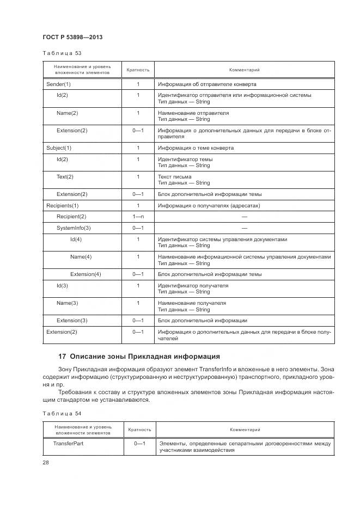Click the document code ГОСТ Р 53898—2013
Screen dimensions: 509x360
[x=72, y=37]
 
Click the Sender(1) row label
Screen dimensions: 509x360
[x=58, y=84]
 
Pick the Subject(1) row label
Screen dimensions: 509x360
[x=59, y=148]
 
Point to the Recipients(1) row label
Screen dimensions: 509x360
[x=63, y=205]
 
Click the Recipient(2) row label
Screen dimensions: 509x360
[x=71, y=216]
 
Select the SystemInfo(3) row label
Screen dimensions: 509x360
[x=74, y=228]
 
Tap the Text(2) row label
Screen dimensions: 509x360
[x=65, y=176]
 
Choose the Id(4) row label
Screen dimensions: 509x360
[x=76, y=239]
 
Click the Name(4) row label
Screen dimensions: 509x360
[x=81, y=256]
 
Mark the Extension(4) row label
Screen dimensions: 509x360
[x=86, y=274]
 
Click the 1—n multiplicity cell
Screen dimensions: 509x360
[x=138, y=216]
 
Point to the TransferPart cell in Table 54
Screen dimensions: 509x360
[x=68, y=444]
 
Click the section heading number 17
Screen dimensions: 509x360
[x=62, y=357]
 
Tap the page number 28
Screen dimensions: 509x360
[x=46, y=463]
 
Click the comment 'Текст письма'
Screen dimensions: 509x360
[x=174, y=176]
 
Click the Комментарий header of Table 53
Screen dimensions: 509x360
[x=244, y=70]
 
